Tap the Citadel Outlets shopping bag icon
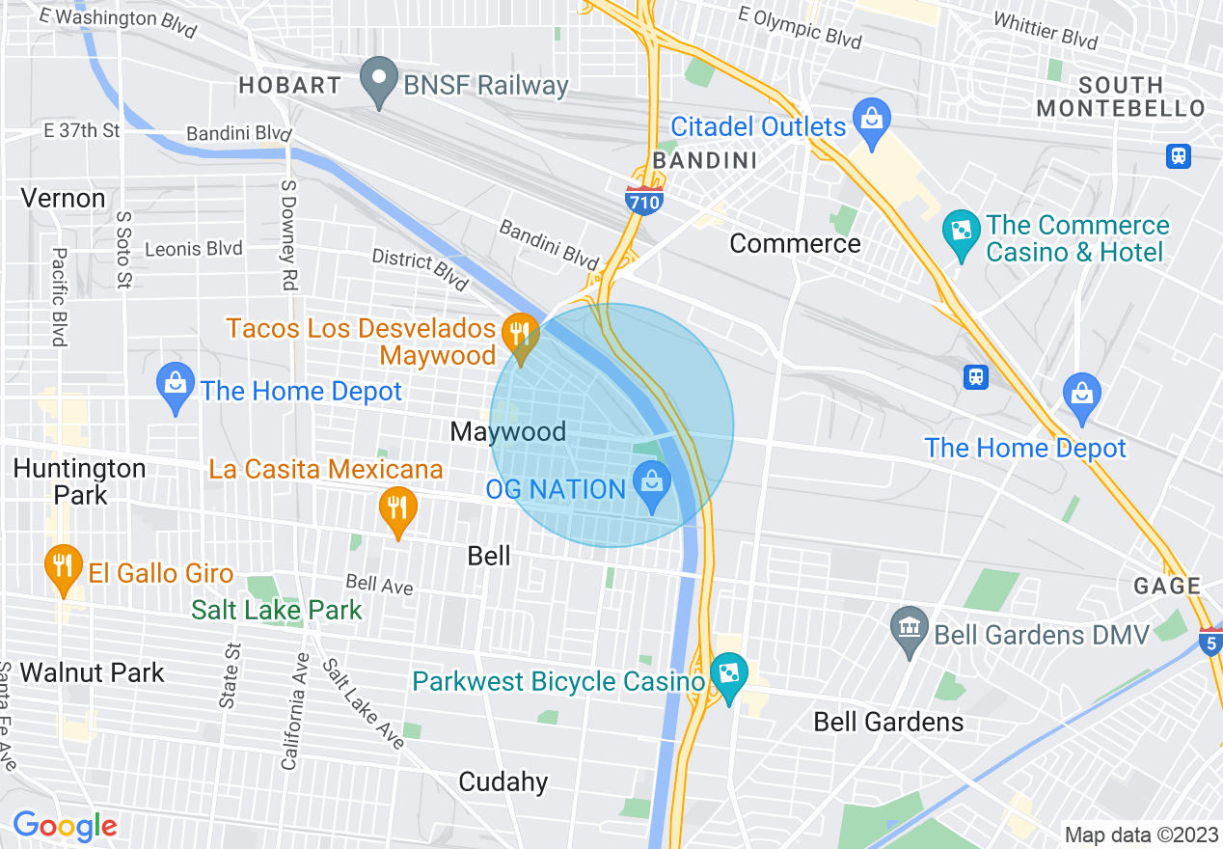tap(872, 122)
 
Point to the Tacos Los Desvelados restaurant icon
tap(521, 335)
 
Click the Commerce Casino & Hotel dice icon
tap(962, 232)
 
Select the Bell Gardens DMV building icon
tap(910, 630)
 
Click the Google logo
tap(65, 826)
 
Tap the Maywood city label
tap(508, 431)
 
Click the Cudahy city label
tap(503, 781)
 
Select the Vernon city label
tap(64, 199)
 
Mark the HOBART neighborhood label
tap(289, 85)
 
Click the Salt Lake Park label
tap(277, 610)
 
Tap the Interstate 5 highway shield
tap(1211, 641)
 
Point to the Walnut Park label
tap(93, 672)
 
